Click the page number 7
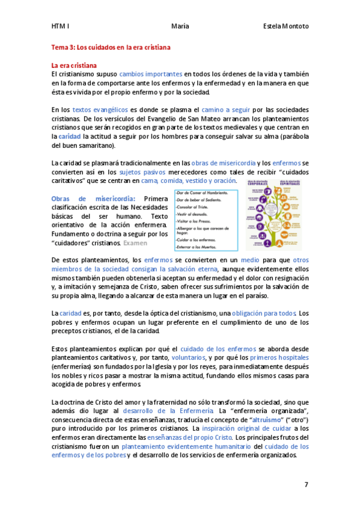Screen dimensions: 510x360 [x=306, y=484]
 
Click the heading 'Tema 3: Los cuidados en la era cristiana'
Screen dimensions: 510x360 [x=111, y=47]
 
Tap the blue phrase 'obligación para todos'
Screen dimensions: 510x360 [x=264, y=313]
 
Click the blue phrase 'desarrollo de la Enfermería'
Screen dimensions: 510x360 [x=167, y=410]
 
